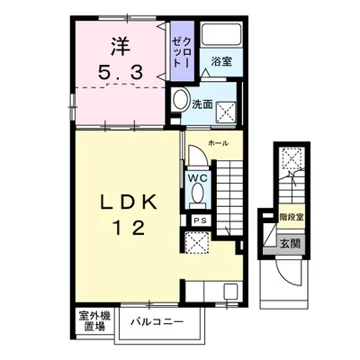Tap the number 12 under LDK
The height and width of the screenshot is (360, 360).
coord(129,228)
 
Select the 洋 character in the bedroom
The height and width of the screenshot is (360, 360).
coord(121,46)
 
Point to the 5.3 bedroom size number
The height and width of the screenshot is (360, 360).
coord(120,72)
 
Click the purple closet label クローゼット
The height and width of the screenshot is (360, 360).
coord(182,52)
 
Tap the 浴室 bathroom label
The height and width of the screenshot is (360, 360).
coord(221,61)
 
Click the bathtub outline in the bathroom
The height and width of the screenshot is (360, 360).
coord(221,34)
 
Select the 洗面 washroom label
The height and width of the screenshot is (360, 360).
coord(202,104)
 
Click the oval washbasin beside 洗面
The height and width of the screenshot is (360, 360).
coord(181,100)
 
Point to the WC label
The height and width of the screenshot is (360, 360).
coord(198,178)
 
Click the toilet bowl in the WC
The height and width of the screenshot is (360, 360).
coord(197,193)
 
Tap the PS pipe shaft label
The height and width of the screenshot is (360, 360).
coord(200,220)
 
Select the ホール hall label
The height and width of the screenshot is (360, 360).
coord(219,143)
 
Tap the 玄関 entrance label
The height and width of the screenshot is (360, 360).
coord(290,244)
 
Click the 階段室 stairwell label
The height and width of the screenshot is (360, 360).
coord(291,217)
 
